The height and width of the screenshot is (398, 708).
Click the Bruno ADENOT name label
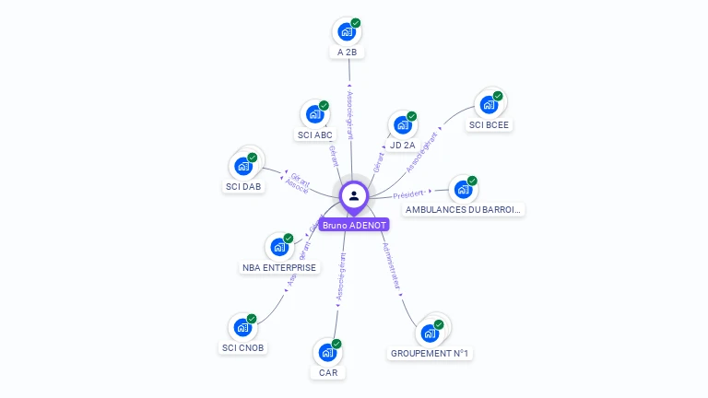click(354, 225)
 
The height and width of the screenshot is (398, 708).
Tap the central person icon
click(354, 195)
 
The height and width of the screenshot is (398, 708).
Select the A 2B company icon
click(347, 32)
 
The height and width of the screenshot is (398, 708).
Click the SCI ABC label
click(314, 135)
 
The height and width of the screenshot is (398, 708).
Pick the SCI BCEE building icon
click(489, 105)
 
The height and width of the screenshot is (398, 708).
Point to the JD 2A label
click(402, 145)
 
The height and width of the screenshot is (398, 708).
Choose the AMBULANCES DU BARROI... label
click(464, 209)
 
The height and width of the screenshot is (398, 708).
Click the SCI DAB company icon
click(243, 167)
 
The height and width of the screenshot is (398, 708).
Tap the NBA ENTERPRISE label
click(279, 267)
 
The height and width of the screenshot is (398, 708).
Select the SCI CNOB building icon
click(242, 327)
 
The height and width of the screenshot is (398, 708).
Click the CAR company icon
click(327, 352)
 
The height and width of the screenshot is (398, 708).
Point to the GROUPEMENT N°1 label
click(431, 353)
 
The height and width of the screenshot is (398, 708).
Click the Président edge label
click(408, 194)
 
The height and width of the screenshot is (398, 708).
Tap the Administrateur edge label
click(391, 267)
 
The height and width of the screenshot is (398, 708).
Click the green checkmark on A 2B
click(356, 23)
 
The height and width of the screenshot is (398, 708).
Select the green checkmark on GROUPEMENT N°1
click(439, 324)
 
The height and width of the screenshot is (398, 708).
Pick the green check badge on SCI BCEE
click(498, 96)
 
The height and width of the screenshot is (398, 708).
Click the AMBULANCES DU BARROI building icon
click(463, 190)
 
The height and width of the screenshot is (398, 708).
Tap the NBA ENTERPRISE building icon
click(279, 247)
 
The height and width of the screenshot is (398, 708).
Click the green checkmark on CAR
click(336, 344)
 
